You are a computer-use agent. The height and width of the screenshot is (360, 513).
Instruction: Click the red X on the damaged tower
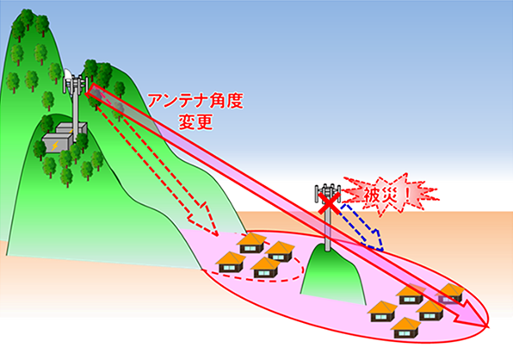coord(329,203)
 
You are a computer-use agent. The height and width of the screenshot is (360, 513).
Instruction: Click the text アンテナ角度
coord(195,101)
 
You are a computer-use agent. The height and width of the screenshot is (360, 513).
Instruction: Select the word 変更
coord(195,121)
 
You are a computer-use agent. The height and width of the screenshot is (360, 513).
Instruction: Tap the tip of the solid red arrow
coord(488,326)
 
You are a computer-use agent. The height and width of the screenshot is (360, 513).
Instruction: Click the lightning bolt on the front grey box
coord(55,145)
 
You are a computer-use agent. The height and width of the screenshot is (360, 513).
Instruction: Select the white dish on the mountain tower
coord(67,78)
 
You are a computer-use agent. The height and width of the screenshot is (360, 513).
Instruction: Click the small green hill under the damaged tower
coord(331,275)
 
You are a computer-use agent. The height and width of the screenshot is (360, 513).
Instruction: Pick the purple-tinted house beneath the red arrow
coord(450,293)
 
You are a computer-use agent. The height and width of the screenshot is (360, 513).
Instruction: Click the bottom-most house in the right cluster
coord(405,327)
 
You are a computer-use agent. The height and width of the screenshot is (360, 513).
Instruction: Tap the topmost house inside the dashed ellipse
coord(251,243)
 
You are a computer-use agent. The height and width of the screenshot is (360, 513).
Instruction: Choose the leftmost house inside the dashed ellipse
coord(231,262)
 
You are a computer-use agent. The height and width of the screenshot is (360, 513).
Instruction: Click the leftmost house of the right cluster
coord(382,311)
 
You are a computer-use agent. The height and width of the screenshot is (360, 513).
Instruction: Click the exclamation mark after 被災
coord(406,196)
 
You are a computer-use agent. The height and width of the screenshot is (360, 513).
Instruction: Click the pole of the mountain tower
coord(75,111)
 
